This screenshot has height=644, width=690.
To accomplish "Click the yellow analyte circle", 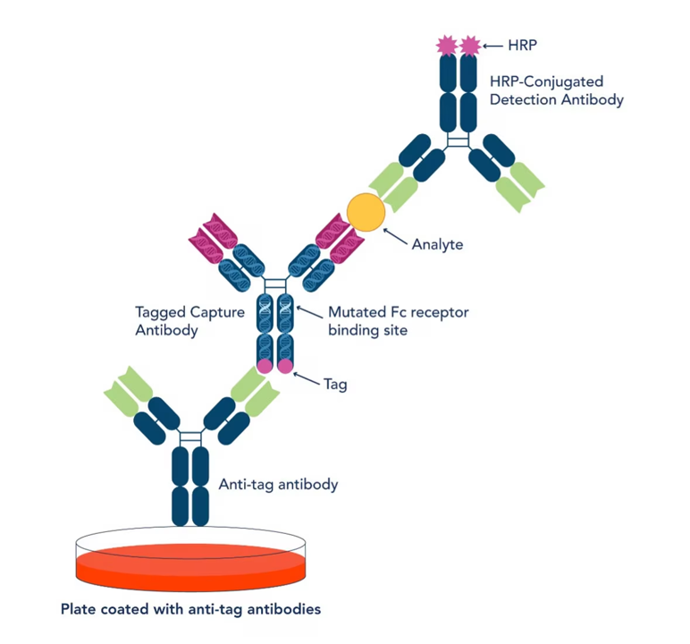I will (366, 210).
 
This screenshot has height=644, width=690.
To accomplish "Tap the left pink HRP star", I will (446, 45).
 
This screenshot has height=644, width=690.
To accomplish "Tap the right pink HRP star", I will (469, 45).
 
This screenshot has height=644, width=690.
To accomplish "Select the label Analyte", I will (437, 243).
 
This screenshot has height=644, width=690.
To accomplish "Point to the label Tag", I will (336, 386).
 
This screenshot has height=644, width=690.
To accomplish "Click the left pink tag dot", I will (265, 366).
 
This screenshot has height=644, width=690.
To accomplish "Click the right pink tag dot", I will (285, 366).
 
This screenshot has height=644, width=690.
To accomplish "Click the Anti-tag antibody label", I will (278, 485).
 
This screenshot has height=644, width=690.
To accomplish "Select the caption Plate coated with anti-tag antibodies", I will (190, 610).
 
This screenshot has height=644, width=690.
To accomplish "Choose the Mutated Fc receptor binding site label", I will (398, 321).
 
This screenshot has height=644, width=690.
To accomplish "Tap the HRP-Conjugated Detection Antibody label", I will (556, 90).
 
